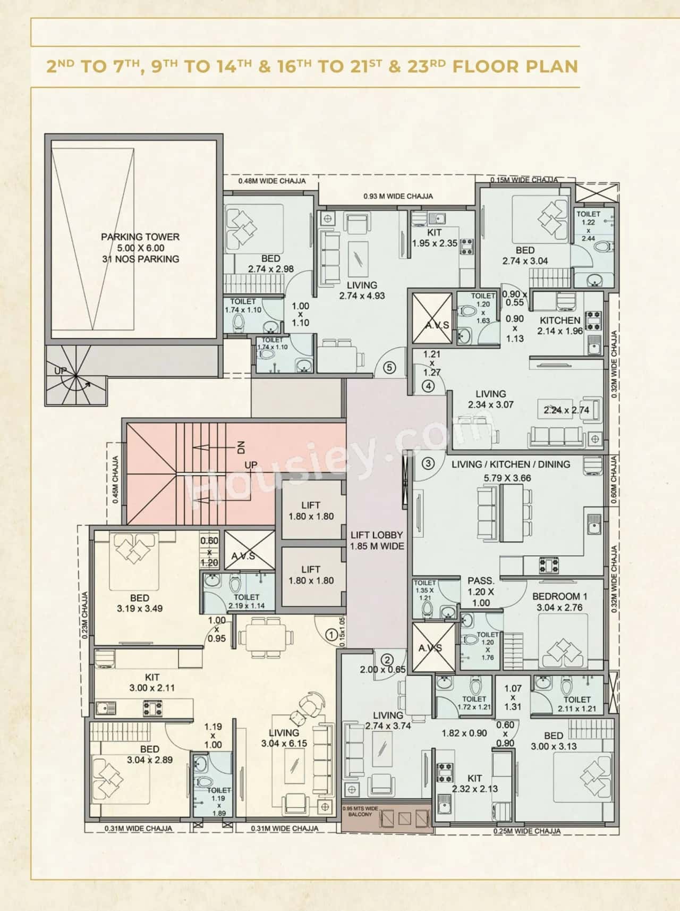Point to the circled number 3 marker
click(428, 463)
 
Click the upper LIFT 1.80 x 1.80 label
click(311, 511)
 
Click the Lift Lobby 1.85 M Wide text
click(377, 540)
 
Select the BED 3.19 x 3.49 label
click(140, 603)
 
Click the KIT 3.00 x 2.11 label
click(152, 682)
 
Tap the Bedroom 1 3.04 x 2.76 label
click(559, 602)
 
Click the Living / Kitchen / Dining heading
click(511, 464)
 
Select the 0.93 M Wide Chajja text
click(398, 196)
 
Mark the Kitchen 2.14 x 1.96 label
click(560, 325)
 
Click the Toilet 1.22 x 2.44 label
click(588, 226)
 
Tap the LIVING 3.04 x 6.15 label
click(284, 738)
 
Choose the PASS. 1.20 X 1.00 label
click(481, 592)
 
